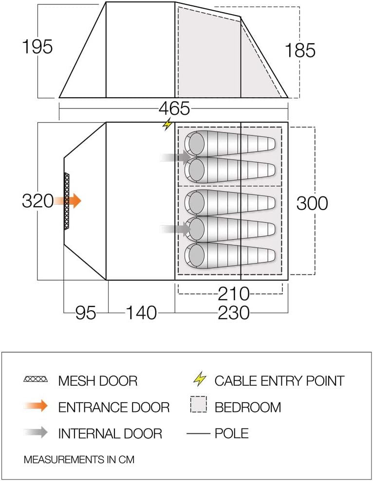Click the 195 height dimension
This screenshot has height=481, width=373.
click(x=37, y=47)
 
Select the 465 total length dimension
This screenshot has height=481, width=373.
click(x=174, y=108)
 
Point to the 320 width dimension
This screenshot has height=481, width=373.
click(x=37, y=200)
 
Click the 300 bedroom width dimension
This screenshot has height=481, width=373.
click(x=312, y=203)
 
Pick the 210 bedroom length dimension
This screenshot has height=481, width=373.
click(x=233, y=294)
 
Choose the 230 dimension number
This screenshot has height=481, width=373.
click(x=233, y=313)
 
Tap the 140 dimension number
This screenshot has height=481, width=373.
click(x=141, y=313)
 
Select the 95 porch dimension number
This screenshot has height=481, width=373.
click(x=86, y=313)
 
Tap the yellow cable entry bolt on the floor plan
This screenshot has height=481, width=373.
click(x=168, y=125)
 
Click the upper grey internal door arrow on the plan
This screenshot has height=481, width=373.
click(x=176, y=157)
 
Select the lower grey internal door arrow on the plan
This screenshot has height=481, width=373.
click(x=176, y=228)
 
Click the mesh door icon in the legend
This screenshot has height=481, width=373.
click(x=36, y=379)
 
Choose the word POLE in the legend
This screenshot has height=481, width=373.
click(x=231, y=432)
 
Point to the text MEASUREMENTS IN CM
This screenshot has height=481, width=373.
click(x=79, y=459)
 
